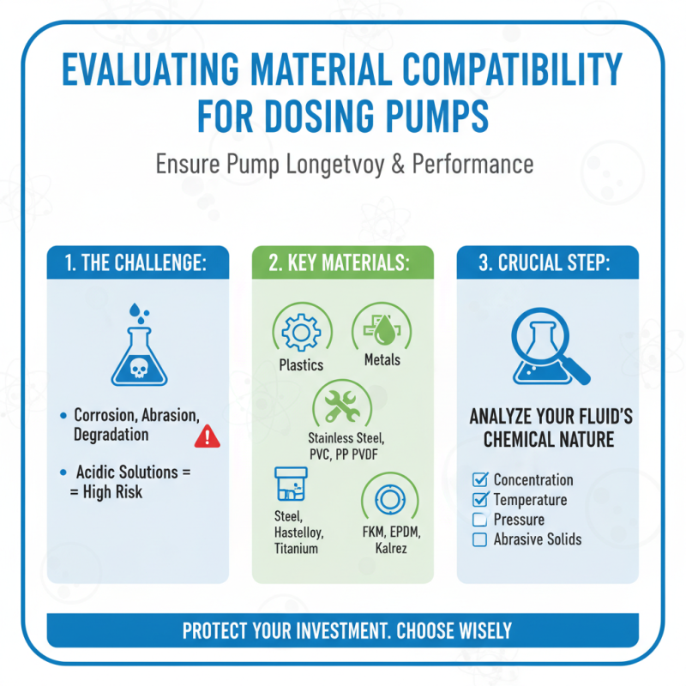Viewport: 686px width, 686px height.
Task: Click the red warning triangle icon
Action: point(208,436)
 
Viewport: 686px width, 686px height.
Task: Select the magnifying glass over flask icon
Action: point(548,347)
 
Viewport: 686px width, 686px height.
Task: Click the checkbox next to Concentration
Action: point(480,479)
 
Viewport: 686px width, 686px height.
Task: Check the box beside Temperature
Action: point(480,499)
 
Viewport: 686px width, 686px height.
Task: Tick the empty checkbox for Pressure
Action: point(480,519)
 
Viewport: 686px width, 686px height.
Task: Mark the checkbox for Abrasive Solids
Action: point(480,539)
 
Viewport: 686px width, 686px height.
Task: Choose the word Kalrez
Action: point(388,548)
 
